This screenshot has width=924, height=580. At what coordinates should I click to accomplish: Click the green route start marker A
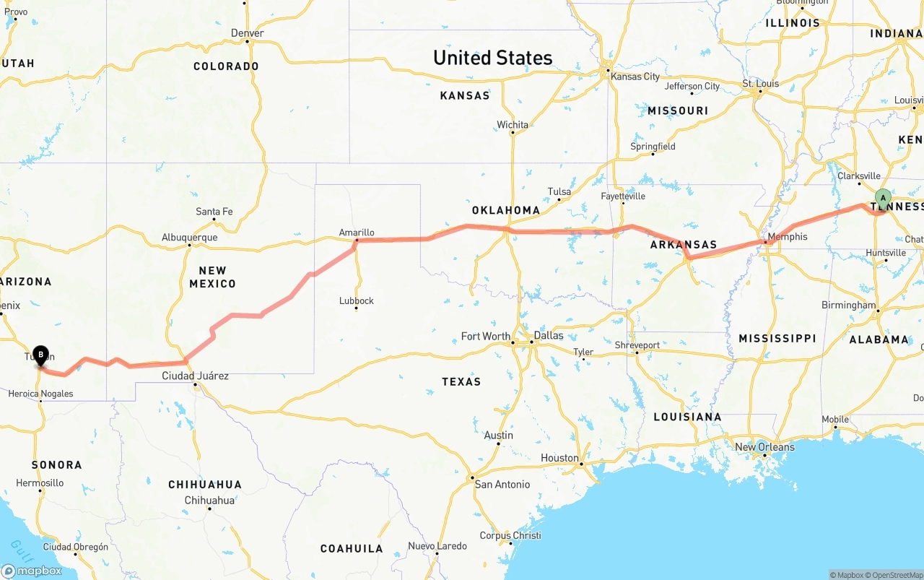[883, 198]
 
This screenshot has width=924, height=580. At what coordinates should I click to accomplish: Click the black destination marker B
[40, 354]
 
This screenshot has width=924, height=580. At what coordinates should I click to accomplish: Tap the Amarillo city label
[357, 233]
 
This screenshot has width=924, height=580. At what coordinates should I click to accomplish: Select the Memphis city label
[788, 237]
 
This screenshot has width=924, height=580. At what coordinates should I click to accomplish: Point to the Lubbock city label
[357, 300]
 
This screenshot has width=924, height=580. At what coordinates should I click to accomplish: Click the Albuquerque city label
[189, 237]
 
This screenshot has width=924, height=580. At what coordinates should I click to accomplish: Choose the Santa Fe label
[214, 212]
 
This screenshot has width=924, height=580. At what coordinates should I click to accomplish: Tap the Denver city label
[248, 33]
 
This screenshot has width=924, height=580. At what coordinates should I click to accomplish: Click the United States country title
[492, 58]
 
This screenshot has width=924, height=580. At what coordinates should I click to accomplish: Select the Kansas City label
[635, 77]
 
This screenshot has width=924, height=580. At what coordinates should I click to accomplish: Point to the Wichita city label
[513, 125]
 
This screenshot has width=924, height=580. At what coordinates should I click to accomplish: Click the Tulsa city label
[559, 191]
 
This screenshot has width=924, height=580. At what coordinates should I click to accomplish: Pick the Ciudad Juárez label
[195, 376]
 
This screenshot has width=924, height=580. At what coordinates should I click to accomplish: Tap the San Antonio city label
[502, 484]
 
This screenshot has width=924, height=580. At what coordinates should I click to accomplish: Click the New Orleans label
[764, 447]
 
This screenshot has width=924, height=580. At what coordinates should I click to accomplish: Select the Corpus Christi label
[510, 535]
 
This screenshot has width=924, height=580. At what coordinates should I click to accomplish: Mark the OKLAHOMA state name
[506, 210]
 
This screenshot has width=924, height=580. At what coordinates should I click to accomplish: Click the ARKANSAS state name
[683, 245]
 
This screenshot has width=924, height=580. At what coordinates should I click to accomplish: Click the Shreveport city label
[637, 345]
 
